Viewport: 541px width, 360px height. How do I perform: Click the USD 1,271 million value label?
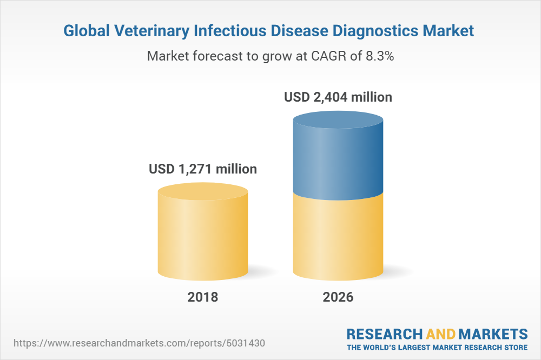click(203, 169)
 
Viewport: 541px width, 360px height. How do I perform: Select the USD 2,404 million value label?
click(338, 98)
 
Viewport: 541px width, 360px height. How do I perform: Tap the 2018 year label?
click(203, 297)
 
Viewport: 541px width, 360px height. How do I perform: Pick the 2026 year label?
click(338, 297)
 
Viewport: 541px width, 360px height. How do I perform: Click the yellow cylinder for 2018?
click(203, 238)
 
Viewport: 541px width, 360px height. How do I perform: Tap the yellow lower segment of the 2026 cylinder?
click(338, 238)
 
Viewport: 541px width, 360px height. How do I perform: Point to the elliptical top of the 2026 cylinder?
click(338, 119)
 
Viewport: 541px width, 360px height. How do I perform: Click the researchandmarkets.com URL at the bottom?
click(140, 343)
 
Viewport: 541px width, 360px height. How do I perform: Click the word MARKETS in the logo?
click(494, 334)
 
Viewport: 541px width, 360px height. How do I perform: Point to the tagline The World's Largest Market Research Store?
click(437, 346)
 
